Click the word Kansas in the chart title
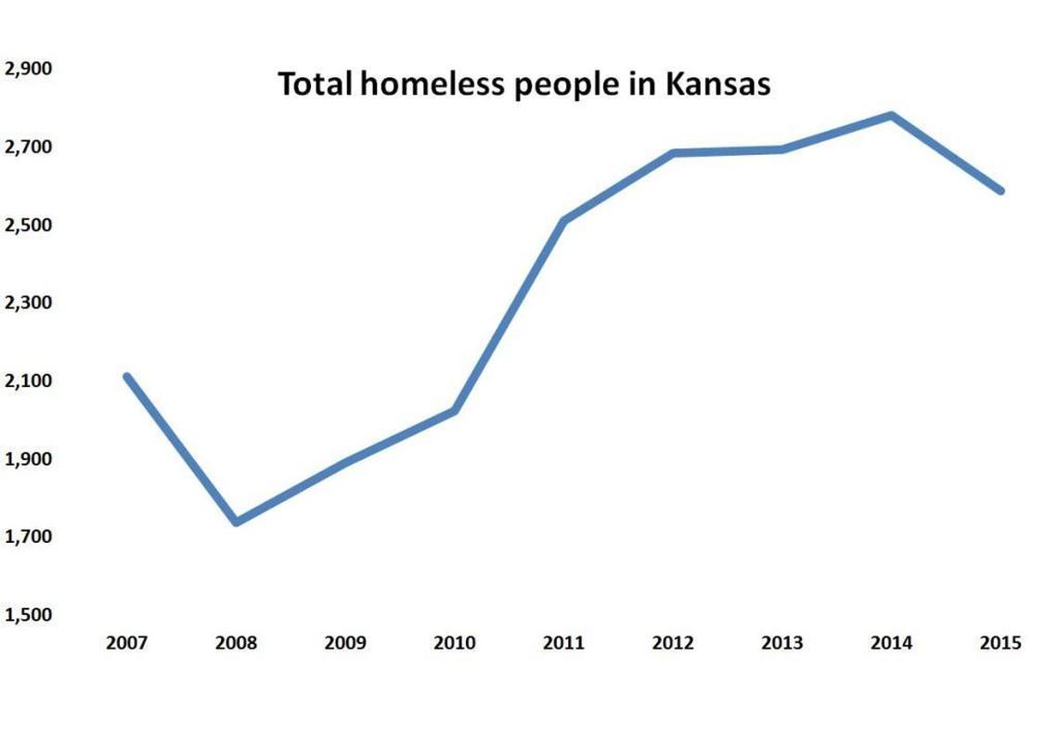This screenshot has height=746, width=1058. (x=717, y=84)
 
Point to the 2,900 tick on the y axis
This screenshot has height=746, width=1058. (x=28, y=69)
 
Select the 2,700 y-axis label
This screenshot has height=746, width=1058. (x=28, y=147)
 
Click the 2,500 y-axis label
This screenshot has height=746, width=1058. (x=28, y=225)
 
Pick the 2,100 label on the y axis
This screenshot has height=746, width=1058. (x=28, y=380)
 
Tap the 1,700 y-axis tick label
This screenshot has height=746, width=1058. (x=28, y=536)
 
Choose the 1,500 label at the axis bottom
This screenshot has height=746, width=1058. (x=28, y=614)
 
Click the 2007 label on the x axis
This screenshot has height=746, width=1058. (x=126, y=642)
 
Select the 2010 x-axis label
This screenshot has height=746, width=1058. (x=454, y=642)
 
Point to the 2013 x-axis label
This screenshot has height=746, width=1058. (x=781, y=642)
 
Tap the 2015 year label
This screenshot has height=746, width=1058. (x=1000, y=642)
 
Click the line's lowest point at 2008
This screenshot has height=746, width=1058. (x=237, y=521)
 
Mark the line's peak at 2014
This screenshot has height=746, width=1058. (x=892, y=116)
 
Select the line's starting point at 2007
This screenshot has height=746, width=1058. (x=127, y=377)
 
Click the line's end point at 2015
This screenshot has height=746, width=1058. (x=1000, y=190)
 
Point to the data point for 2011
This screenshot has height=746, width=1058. (x=564, y=220)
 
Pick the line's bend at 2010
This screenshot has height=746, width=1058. (x=455, y=409)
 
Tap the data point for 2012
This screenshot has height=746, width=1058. (x=673, y=153)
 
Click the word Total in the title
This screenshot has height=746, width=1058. (x=316, y=84)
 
